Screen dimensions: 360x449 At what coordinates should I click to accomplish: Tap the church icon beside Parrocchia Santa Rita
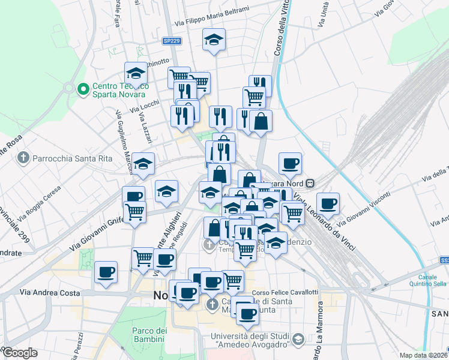click(x=23, y=158)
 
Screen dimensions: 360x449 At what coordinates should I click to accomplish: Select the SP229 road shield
click(x=172, y=41)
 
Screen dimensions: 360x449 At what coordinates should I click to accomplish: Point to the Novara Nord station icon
click(x=310, y=182)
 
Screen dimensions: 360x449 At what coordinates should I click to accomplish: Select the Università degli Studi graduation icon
click(x=298, y=340)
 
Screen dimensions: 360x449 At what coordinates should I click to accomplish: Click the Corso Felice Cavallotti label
click(x=285, y=292)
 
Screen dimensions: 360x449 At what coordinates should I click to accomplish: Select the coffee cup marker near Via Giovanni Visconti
click(x=328, y=204)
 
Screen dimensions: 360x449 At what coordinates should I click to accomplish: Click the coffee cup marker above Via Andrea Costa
click(x=106, y=272)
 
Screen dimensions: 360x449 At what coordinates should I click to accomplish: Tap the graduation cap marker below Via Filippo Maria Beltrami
click(x=214, y=40)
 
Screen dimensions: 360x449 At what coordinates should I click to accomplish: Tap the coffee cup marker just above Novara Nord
click(x=290, y=163)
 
